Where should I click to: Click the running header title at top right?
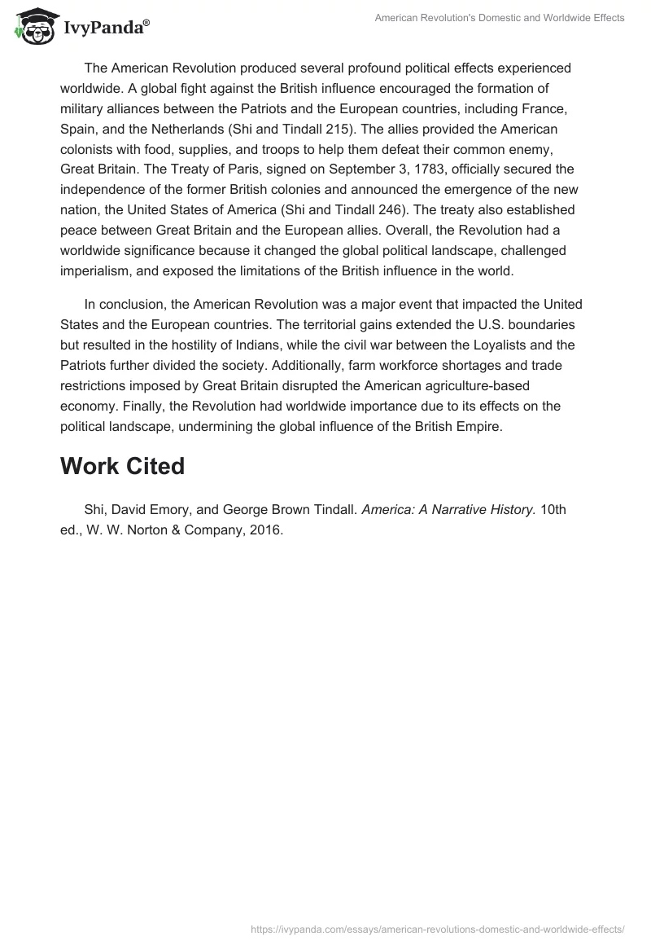500,18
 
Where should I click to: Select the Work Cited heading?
122,466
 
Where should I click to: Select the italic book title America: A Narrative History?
448,510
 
